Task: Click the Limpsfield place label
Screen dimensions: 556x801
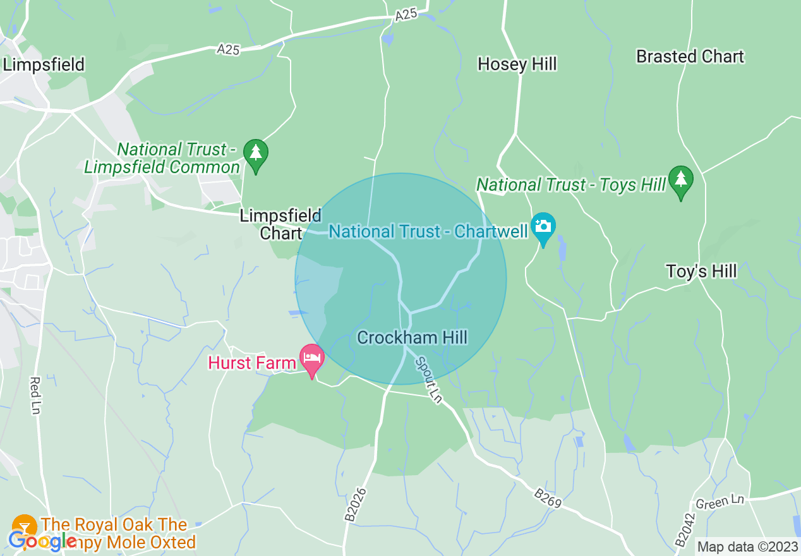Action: click(x=44, y=64)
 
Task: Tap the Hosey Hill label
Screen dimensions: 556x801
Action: click(x=517, y=64)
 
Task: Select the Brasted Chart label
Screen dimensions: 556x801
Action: click(x=690, y=57)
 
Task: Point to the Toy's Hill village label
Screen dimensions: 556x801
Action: click(x=702, y=272)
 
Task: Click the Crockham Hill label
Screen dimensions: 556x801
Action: click(x=412, y=337)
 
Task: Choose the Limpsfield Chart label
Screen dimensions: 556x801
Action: click(x=280, y=224)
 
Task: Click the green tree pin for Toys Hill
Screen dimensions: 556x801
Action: click(x=680, y=181)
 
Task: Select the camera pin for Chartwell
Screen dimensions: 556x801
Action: click(x=543, y=227)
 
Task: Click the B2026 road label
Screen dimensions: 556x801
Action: click(x=356, y=504)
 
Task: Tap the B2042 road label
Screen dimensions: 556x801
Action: click(x=685, y=529)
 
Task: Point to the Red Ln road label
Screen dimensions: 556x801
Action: click(x=35, y=396)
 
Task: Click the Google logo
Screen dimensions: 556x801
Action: click(x=42, y=541)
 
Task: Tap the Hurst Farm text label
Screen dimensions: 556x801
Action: click(x=252, y=363)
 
